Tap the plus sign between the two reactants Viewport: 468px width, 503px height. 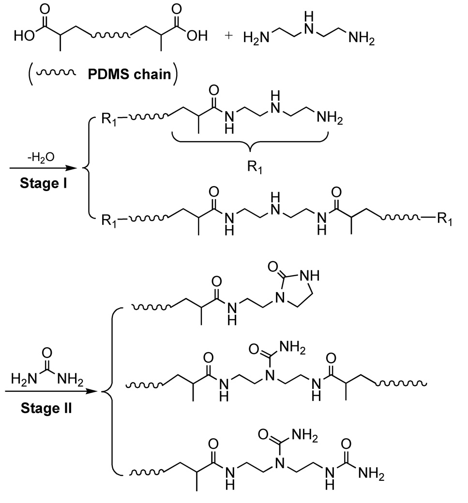[x=229, y=36]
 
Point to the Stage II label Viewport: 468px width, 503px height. [x=47, y=408]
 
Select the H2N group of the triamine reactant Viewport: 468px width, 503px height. [x=256, y=38]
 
